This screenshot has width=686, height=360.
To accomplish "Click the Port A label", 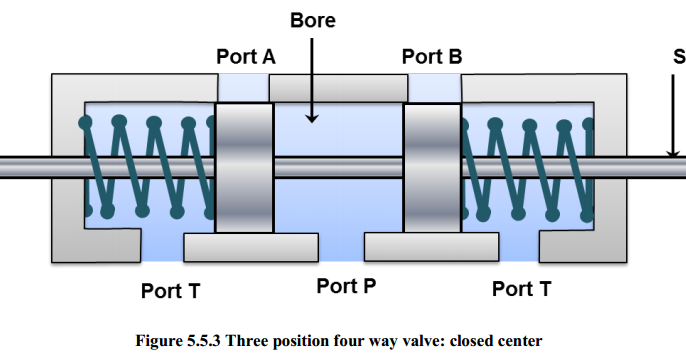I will pos(245,57).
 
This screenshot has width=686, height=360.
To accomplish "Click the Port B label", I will pos(431,57).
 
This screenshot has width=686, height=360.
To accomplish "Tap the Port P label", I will pos(346,286).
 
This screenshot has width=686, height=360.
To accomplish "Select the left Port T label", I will pos(170,291).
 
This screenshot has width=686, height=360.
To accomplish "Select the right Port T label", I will pos(521,290).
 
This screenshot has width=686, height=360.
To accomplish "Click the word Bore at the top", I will pos(313,19).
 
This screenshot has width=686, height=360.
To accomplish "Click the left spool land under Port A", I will pos(244,166).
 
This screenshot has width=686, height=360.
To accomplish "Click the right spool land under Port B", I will pos(431,166).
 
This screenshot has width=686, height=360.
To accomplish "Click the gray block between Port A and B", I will pos(338,89).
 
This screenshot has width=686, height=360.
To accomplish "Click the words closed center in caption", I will pos(499,340).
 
